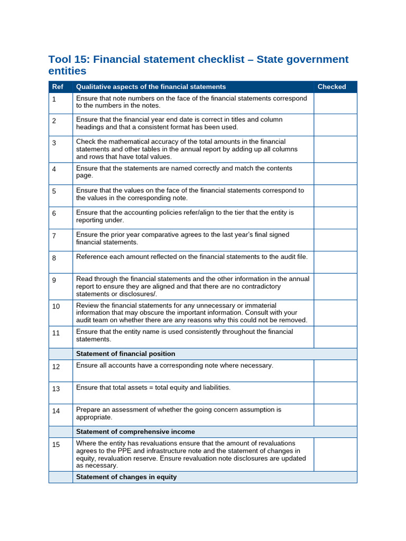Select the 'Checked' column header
(331, 87)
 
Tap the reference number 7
(54, 236)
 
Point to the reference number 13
(56, 389)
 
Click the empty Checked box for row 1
(335, 103)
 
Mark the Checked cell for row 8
(335, 262)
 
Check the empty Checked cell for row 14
(335, 415)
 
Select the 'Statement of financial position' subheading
(125, 354)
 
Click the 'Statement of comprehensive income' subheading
(135, 432)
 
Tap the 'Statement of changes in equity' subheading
(126, 477)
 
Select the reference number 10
(56, 306)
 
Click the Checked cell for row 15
(335, 454)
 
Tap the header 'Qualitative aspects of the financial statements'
(151, 87)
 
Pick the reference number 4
(54, 169)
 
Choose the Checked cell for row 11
(335, 337)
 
